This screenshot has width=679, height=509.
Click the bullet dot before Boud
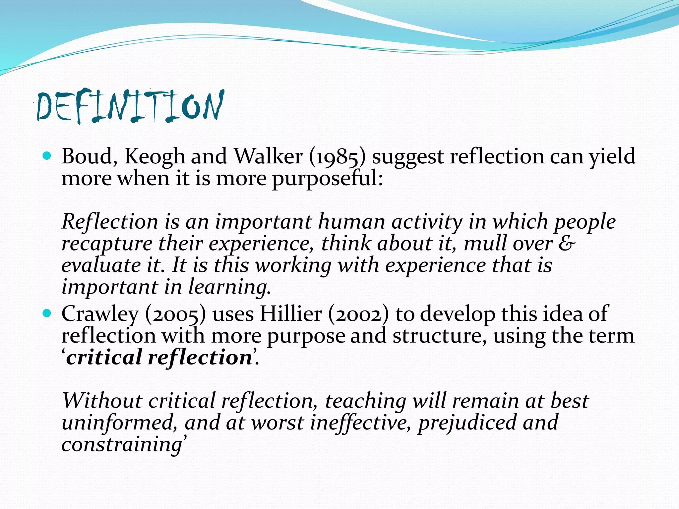[47, 156]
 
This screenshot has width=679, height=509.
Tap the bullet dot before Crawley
[47, 313]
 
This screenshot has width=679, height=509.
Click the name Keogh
[154, 156]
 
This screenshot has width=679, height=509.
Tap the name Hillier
[290, 313]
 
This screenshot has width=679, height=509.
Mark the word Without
[102, 401]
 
